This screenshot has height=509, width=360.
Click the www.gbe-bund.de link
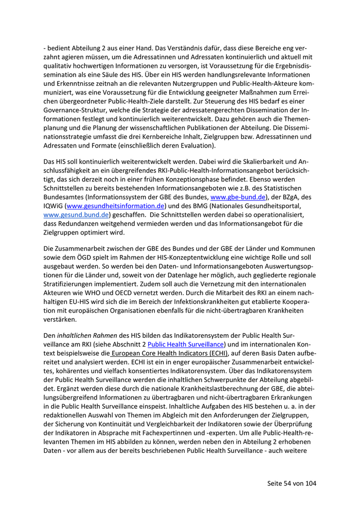[238, 197]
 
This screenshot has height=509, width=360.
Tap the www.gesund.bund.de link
[76, 215]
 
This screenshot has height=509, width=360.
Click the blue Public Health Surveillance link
[186, 344]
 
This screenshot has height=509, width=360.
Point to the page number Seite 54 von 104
[292, 483]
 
